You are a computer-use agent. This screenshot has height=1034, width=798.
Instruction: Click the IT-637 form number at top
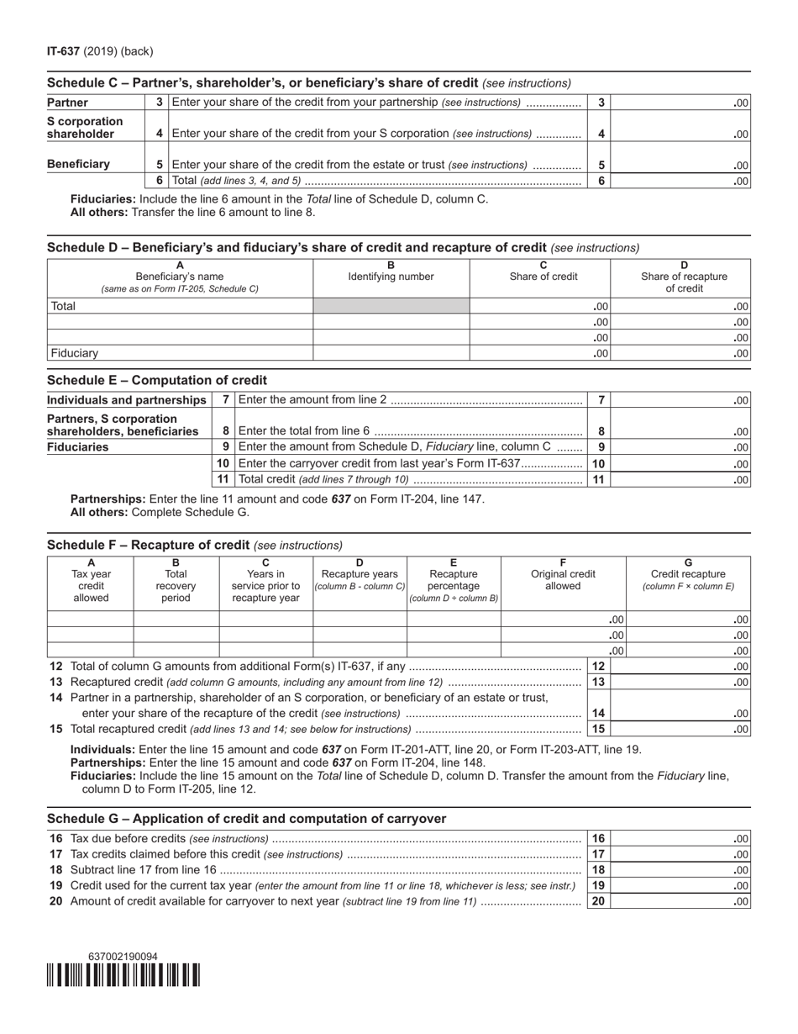click(64, 51)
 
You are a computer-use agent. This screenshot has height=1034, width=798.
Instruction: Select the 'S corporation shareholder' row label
click(85, 127)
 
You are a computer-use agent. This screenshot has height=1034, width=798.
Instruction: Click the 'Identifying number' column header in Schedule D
click(391, 277)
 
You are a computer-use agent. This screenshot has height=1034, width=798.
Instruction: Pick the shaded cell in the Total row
click(391, 307)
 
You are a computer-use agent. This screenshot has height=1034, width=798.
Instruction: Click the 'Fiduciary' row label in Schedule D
click(74, 353)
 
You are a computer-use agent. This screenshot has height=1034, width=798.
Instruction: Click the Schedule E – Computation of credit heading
click(157, 380)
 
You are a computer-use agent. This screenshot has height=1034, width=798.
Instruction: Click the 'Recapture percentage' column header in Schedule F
click(454, 580)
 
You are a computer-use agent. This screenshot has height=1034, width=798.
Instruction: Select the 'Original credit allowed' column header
click(563, 580)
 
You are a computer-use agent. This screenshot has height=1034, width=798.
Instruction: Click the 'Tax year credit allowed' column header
click(91, 580)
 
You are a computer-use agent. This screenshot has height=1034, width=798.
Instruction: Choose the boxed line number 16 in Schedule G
click(598, 838)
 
